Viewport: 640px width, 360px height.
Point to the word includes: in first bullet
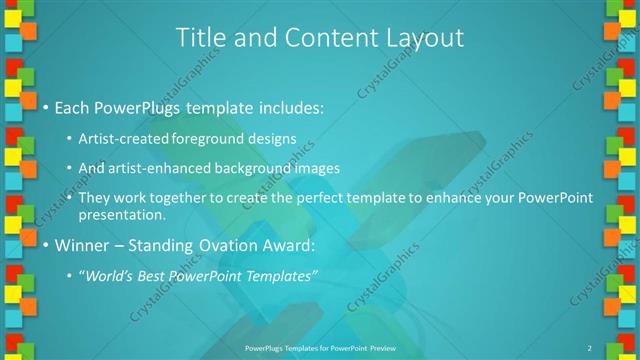tap(288, 107)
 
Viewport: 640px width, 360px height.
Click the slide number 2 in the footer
tap(589, 347)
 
